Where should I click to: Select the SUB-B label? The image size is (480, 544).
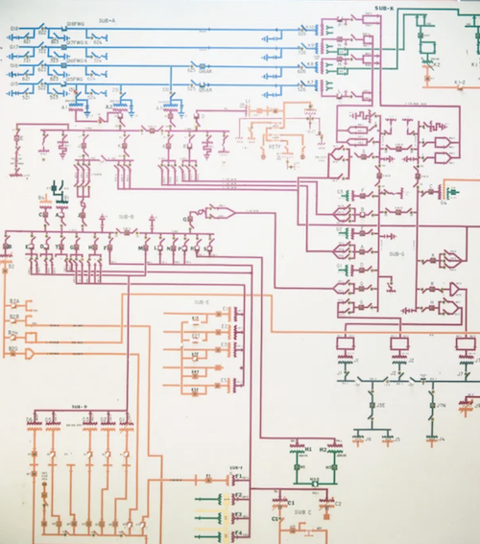click(127, 217)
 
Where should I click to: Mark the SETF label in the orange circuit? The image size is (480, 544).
click(274, 147)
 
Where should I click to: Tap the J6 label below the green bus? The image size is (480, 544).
click(369, 438)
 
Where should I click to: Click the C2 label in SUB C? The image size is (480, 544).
click(338, 504)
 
